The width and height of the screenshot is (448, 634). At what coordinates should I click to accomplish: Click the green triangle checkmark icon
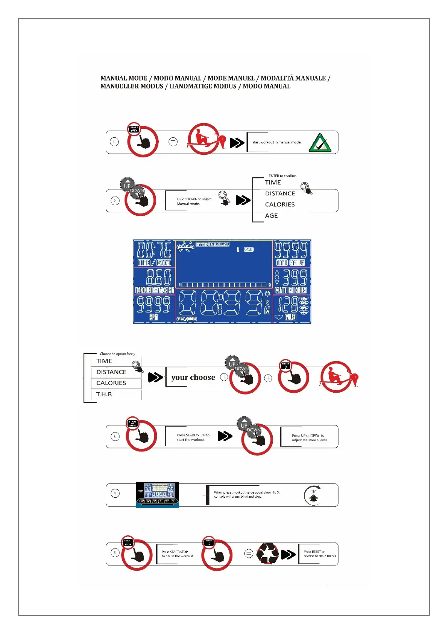320,143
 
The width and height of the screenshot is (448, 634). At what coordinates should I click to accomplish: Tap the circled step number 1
114,142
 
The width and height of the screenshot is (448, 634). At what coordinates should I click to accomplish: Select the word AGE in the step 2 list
271,216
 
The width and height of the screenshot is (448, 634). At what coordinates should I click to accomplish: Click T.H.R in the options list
104,394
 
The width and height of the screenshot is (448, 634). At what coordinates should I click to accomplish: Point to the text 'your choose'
193,378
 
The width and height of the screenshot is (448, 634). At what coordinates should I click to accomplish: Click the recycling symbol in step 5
267,553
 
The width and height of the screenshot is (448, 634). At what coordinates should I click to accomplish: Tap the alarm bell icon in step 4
313,498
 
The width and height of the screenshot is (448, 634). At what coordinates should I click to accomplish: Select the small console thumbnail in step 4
157,494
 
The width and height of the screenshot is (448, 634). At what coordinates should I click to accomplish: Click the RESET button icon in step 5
209,542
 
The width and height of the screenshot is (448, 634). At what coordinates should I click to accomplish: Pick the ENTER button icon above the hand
286,365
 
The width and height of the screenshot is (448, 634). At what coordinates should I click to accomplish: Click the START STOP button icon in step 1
134,129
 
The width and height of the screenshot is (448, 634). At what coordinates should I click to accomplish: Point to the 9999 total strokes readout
291,250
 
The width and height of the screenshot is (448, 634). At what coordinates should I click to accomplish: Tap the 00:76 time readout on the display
154,250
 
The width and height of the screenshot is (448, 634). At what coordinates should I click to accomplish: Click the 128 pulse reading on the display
288,305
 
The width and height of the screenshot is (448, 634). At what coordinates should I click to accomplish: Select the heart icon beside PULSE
278,317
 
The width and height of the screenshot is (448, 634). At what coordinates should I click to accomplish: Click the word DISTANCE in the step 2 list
280,194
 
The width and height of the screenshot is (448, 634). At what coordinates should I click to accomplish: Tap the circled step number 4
115,493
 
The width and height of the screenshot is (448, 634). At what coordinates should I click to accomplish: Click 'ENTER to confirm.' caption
282,176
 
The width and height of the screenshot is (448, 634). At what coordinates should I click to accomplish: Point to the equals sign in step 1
173,142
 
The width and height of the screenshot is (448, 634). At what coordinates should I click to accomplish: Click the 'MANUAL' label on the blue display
219,245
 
